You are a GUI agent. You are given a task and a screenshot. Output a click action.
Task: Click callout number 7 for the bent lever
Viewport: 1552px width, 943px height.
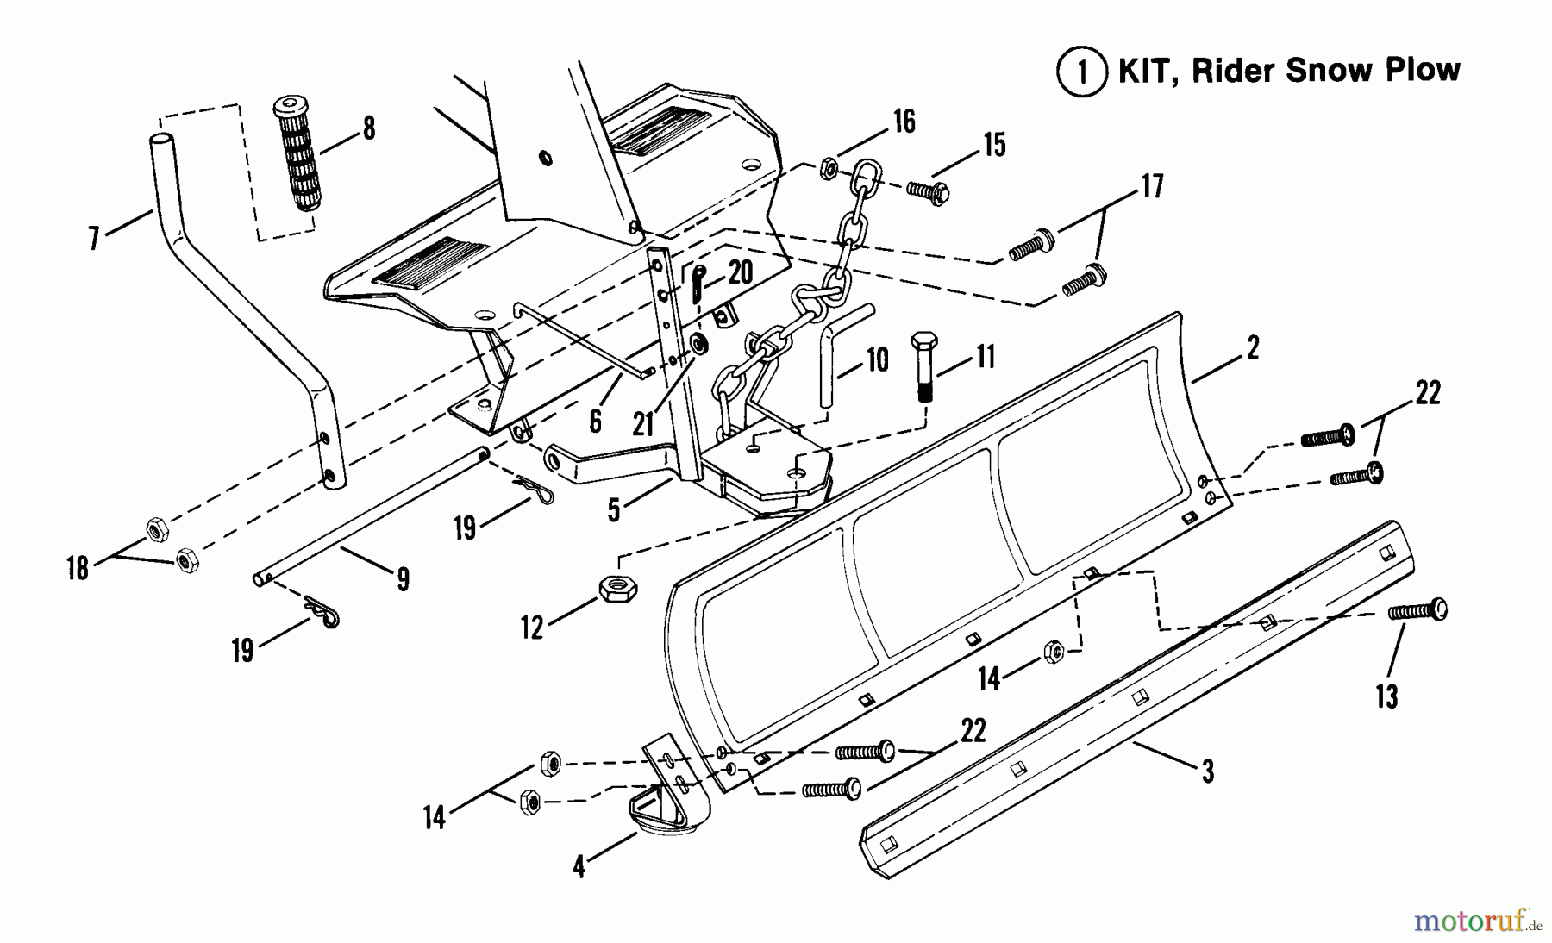click(94, 236)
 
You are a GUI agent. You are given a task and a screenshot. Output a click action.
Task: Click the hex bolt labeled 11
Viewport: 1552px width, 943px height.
click(923, 365)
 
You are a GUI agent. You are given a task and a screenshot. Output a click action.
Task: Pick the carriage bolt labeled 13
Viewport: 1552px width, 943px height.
click(1417, 611)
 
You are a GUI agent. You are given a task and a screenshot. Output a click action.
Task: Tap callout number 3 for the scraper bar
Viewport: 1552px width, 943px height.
click(1207, 771)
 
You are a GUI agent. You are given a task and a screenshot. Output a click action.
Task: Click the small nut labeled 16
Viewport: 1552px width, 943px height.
click(826, 167)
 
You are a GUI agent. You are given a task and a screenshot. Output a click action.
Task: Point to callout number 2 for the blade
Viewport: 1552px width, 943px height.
click(1252, 348)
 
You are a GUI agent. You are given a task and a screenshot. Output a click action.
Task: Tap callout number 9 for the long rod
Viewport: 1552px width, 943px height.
click(403, 579)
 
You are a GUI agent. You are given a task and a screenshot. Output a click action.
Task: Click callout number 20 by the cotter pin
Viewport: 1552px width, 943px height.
click(740, 272)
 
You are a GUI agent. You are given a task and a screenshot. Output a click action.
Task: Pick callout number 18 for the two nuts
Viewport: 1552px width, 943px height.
click(78, 568)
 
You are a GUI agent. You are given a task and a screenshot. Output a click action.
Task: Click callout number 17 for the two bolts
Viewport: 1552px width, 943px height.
click(1152, 187)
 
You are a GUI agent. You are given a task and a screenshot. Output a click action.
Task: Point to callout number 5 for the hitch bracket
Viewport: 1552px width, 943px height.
click(613, 510)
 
